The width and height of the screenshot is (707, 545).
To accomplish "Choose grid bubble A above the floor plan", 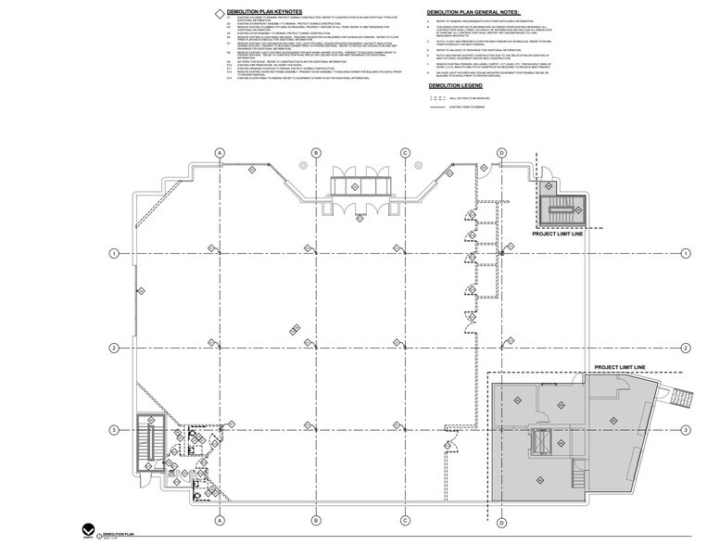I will (x=221, y=152).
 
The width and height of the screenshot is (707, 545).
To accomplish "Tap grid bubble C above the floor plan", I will (x=405, y=152).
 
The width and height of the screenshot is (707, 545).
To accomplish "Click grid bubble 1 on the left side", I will (x=113, y=253).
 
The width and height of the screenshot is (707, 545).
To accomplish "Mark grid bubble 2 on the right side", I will (x=686, y=348).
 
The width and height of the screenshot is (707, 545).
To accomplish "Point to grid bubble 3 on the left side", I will (x=113, y=430).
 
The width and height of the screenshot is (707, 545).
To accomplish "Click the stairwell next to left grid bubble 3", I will (x=148, y=442).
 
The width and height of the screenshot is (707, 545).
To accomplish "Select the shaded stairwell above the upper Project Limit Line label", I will (x=560, y=211).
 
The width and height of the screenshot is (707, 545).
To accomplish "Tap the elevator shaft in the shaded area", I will (x=540, y=440).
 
